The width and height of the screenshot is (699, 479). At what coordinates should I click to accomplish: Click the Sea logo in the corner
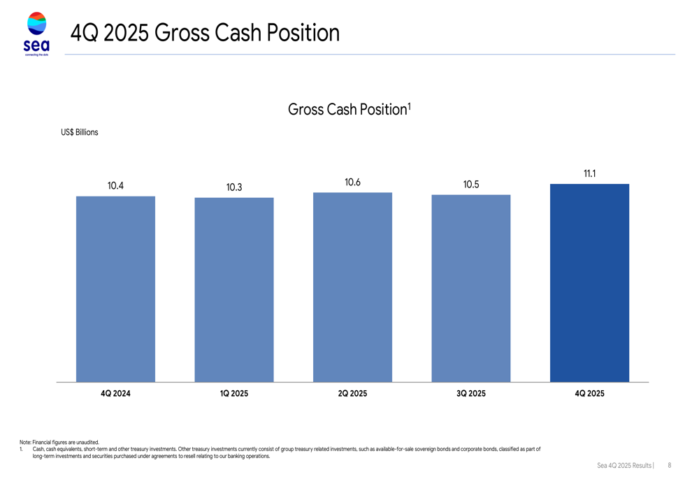36,34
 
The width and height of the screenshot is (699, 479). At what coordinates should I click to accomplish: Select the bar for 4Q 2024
115,289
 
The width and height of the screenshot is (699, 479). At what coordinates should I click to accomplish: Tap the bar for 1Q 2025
234,290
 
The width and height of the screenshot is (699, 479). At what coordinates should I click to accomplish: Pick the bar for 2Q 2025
352,287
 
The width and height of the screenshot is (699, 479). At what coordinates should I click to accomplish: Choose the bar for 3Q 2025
471,289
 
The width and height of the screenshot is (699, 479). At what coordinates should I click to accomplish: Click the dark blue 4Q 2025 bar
589,283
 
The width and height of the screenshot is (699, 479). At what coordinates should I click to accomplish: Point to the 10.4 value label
115,186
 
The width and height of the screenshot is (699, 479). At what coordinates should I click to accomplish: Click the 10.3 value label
234,187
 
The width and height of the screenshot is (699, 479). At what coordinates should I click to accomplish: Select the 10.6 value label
352,183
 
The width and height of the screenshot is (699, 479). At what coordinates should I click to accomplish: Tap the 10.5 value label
471,185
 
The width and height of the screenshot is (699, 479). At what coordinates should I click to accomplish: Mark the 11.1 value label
590,173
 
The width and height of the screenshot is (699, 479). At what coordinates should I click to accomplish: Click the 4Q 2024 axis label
115,394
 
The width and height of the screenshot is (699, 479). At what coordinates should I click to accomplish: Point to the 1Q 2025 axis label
234,394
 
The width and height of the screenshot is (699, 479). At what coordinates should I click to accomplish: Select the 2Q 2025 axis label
352,394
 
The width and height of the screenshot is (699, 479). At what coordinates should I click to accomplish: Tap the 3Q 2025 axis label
471,394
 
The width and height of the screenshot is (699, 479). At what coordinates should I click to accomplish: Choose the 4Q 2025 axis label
590,394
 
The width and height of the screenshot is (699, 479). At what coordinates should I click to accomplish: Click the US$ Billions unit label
80,132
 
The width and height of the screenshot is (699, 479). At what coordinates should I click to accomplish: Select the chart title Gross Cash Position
349,109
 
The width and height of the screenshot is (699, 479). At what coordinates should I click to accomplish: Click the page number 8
669,465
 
